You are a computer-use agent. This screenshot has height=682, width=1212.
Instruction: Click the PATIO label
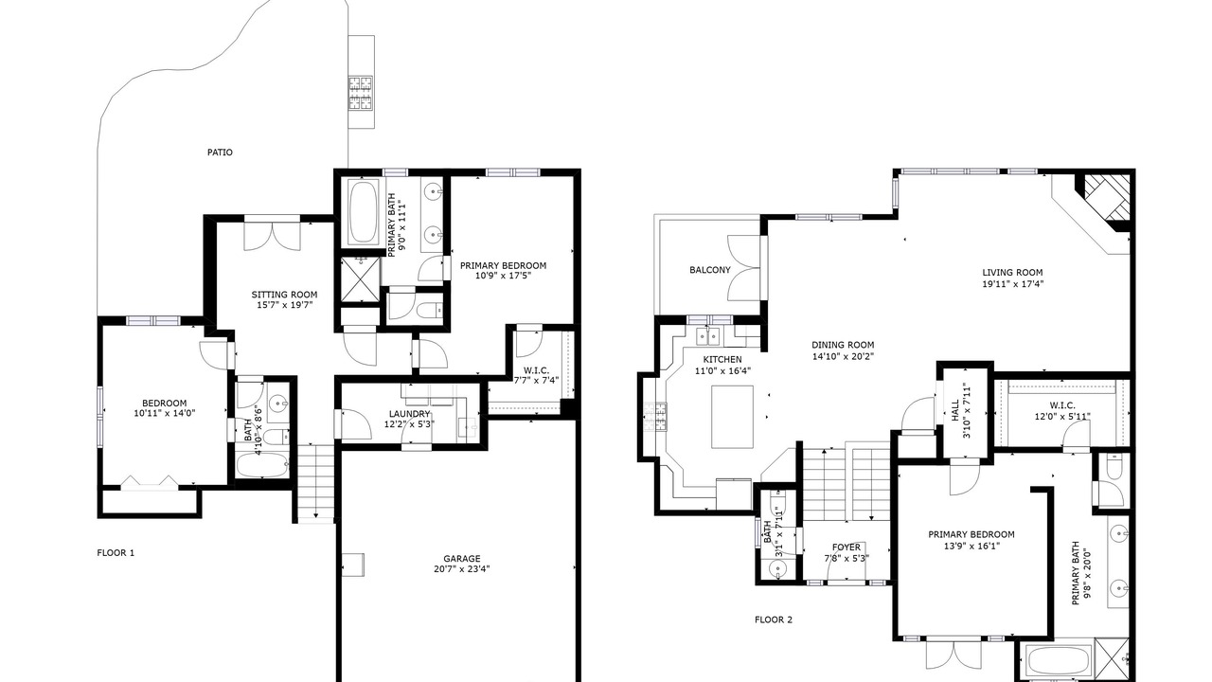pyautogui.click(x=220, y=153)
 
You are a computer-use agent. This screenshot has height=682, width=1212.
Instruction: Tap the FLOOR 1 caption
pyautogui.click(x=116, y=552)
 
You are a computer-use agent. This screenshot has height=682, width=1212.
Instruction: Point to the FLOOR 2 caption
pyautogui.click(x=774, y=619)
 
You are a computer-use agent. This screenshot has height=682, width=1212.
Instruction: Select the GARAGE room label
pyautogui.click(x=461, y=559)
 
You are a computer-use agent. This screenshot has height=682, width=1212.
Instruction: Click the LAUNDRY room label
pyautogui.click(x=409, y=414)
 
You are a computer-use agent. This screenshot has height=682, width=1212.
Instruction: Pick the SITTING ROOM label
pyautogui.click(x=284, y=295)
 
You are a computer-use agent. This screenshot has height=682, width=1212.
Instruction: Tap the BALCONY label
pyautogui.click(x=710, y=270)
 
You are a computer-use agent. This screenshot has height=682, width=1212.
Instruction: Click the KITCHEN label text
pyautogui.click(x=722, y=359)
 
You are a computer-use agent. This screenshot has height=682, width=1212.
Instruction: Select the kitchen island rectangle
pyautogui.click(x=732, y=417)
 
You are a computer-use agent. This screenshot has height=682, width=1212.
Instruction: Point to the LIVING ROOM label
pyautogui.click(x=1012, y=273)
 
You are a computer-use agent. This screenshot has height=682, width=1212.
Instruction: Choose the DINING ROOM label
pyautogui.click(x=843, y=346)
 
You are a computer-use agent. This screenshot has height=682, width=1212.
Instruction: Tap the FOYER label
pyautogui.click(x=846, y=547)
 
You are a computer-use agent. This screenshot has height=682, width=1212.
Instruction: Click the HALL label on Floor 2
pyautogui.click(x=955, y=410)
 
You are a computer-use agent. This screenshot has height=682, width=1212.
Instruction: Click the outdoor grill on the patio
pyautogui.click(x=361, y=93)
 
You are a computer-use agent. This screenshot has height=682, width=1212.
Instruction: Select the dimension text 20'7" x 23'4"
pyautogui.click(x=461, y=569)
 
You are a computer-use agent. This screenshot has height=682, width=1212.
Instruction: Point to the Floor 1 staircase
pyautogui.click(x=315, y=483)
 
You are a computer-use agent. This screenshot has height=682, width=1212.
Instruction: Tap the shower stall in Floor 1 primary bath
pyautogui.click(x=361, y=281)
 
